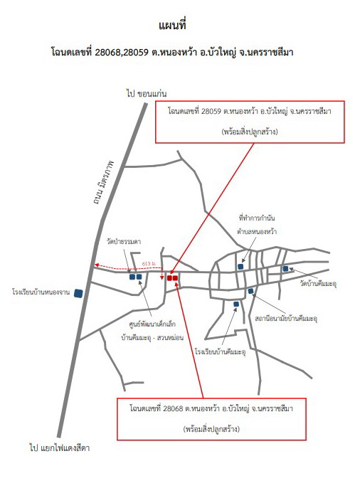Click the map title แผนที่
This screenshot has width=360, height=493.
tap(173, 25)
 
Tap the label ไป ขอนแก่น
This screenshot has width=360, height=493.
tap(147, 93)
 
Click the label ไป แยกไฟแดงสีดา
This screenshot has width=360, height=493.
tap(60, 447)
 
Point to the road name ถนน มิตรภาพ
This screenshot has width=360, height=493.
tap(104, 182)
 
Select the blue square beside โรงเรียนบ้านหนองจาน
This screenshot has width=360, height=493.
tap(78, 293)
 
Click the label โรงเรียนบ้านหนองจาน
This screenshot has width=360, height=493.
tap(41, 292)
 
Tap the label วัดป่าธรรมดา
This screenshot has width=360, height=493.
tap(124, 241)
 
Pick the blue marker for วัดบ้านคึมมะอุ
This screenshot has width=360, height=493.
tap(285, 268)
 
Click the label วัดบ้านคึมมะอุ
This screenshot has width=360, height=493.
tap(318, 284)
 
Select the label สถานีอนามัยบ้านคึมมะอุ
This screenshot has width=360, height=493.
tap(286, 318)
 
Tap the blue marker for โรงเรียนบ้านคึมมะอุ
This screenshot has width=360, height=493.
tap(236, 304)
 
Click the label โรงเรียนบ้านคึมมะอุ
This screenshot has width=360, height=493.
tap(220, 351)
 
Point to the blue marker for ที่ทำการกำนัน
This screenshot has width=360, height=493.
tap(240, 267)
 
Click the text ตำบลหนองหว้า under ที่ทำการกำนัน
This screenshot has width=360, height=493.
tap(257, 232)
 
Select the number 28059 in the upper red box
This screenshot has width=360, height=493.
tap(211, 111)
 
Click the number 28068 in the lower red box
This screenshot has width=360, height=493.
tap(173, 409)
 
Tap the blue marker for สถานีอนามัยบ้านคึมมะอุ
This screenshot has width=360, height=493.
tap(250, 291)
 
